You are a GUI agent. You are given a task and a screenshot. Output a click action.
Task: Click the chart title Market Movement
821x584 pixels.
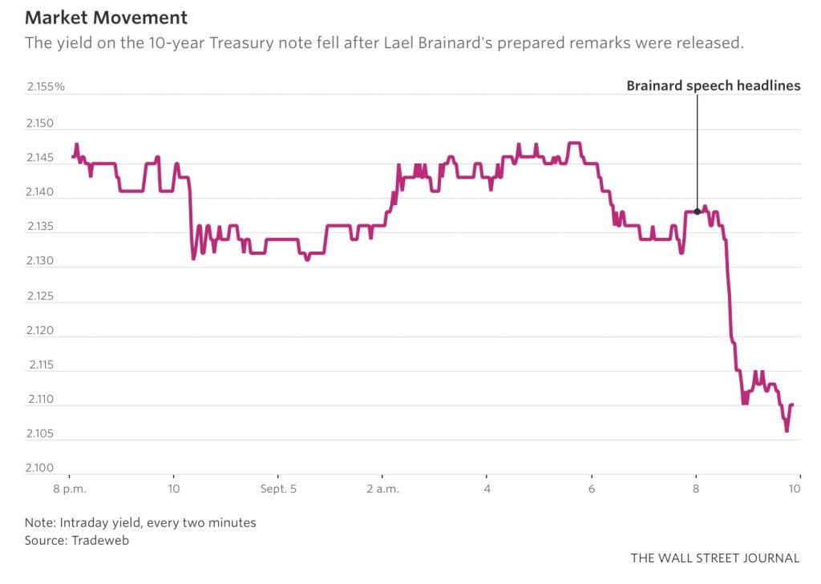pyautogui.click(x=106, y=17)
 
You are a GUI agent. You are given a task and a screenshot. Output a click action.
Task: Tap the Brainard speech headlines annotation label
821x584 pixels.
pyautogui.click(x=713, y=87)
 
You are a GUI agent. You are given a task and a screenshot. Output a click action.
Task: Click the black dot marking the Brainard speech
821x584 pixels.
pyautogui.click(x=697, y=211)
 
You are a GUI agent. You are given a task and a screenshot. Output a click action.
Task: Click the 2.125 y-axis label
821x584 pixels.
pyautogui.click(x=40, y=296)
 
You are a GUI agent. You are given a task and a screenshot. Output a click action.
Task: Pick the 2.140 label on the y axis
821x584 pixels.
pyautogui.click(x=40, y=193)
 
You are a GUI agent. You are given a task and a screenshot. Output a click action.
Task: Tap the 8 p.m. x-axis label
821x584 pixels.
pyautogui.click(x=69, y=487)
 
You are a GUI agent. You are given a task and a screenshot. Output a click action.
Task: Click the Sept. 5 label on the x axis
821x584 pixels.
pyautogui.click(x=277, y=487)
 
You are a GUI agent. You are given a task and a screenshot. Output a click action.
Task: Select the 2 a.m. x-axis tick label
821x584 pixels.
pyautogui.click(x=382, y=487)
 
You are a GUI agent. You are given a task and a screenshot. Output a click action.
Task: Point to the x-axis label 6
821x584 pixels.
pyautogui.click(x=592, y=487)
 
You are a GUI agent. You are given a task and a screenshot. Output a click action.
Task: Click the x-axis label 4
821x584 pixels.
pyautogui.click(x=487, y=487)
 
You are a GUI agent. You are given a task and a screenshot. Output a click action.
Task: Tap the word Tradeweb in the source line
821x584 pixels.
pyautogui.click(x=100, y=541)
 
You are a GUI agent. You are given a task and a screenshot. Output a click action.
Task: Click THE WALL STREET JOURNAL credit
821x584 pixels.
pyautogui.click(x=714, y=558)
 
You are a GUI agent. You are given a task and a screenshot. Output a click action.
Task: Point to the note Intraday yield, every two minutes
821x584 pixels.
pyautogui.click(x=158, y=522)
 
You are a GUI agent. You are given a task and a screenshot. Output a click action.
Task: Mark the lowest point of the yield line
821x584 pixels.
pyautogui.click(x=787, y=431)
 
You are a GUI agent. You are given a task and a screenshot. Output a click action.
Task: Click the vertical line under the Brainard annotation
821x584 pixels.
pyautogui.click(x=697, y=152)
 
